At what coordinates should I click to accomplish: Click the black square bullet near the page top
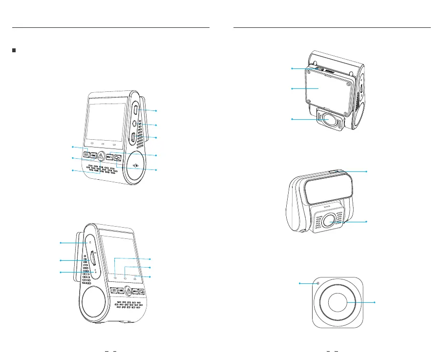click(x=14, y=51)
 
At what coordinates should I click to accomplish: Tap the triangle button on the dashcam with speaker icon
click(x=100, y=156)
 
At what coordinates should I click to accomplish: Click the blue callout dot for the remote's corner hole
click(x=299, y=283)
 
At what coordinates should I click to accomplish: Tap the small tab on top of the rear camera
click(x=334, y=171)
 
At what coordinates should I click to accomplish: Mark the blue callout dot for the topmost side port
click(x=157, y=111)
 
